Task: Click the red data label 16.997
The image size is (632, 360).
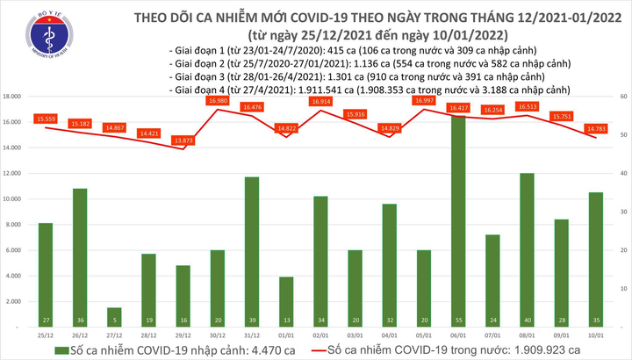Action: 425,101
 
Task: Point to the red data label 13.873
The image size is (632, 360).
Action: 183,141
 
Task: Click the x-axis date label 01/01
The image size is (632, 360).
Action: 286,335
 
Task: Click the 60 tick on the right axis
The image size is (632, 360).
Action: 621,96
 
